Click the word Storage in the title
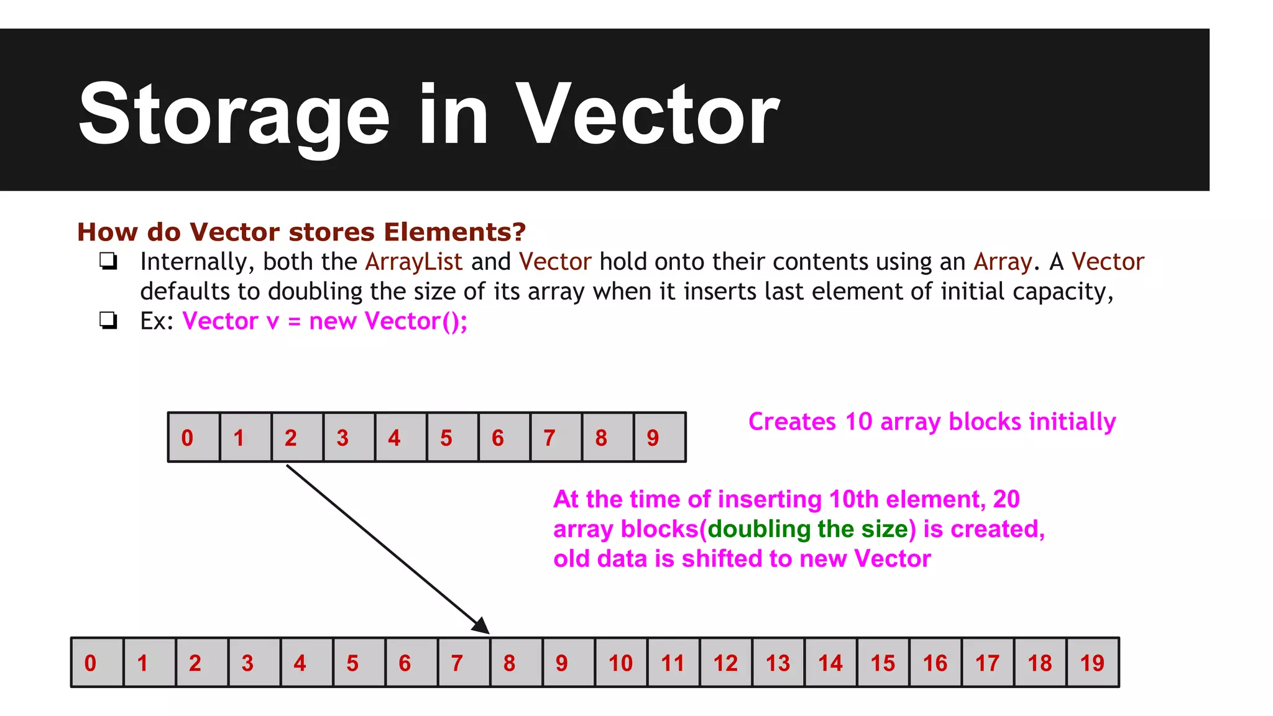click(x=234, y=115)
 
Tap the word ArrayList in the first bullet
click(x=413, y=262)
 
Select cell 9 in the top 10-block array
click(x=659, y=438)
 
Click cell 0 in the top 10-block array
click(x=194, y=438)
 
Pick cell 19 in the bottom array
click(x=1092, y=663)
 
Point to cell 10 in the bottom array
click(x=621, y=663)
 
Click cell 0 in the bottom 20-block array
click(x=97, y=663)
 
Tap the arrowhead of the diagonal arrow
click(x=482, y=626)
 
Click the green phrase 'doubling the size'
click(x=808, y=529)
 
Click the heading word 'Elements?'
click(x=454, y=232)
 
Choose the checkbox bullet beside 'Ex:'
click(x=109, y=321)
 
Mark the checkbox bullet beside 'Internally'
click(x=109, y=262)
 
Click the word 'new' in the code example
click(x=333, y=321)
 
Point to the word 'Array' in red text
click(x=1003, y=262)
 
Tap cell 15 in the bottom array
click(x=883, y=663)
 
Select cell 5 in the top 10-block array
click(x=453, y=438)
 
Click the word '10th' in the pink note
click(x=853, y=499)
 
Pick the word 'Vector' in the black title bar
click(x=647, y=115)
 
